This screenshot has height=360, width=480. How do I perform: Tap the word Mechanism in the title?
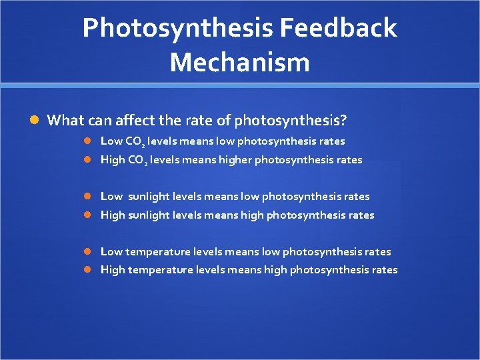(240, 63)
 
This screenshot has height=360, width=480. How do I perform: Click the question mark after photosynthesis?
(343, 121)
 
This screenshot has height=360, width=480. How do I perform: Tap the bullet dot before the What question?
(35, 121)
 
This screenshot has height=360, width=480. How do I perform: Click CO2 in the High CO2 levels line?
(137, 160)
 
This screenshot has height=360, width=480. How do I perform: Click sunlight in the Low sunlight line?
(148, 197)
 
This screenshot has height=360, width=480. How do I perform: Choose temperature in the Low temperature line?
(157, 252)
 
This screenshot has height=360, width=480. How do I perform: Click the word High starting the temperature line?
(112, 270)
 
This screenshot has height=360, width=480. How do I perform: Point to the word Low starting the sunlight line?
(111, 197)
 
